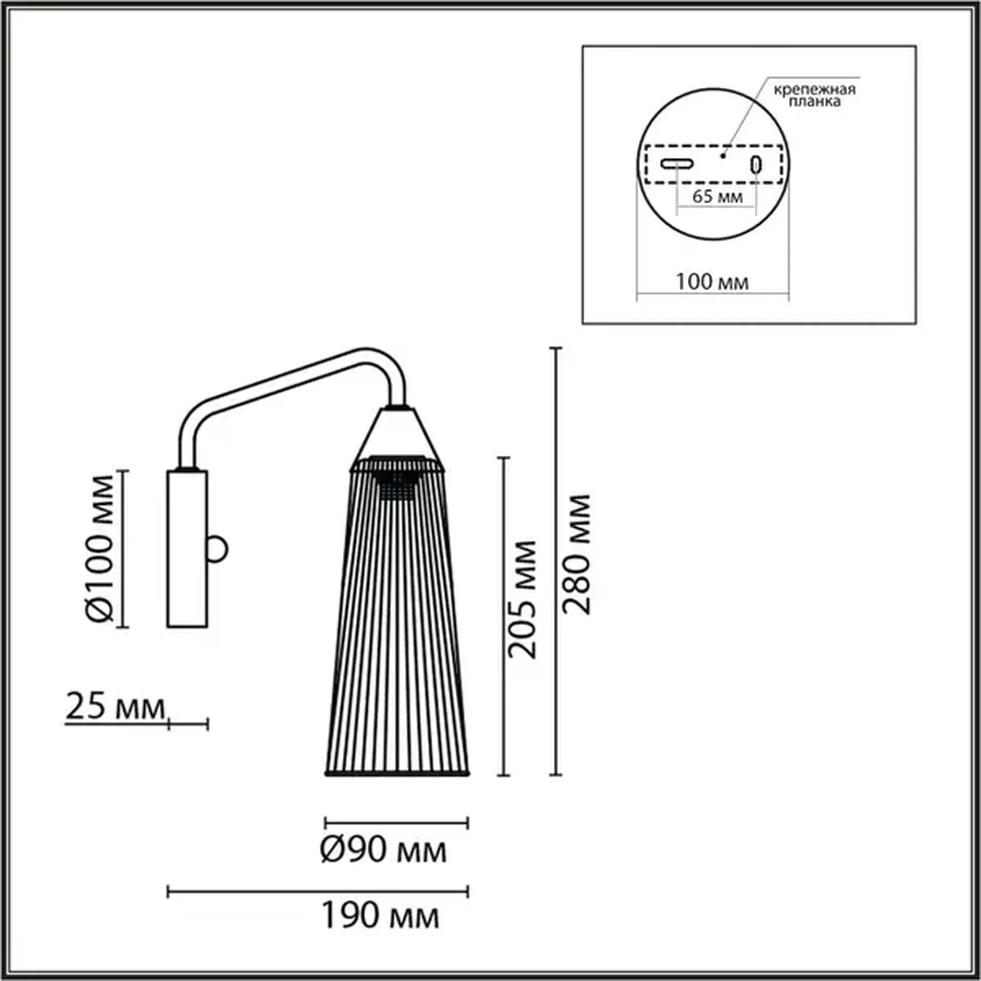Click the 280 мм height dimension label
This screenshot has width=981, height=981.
coord(576,554)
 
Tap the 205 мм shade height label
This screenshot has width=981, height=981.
coord(523,599)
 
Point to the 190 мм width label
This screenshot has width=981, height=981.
coord(380,915)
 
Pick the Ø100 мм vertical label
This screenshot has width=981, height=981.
coord(99,548)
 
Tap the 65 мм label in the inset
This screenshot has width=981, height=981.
coord(717,196)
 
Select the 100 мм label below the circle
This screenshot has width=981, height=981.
coord(712,282)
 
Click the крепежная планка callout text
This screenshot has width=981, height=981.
coord(814,95)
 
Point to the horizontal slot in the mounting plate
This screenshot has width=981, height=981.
coord(677,164)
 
